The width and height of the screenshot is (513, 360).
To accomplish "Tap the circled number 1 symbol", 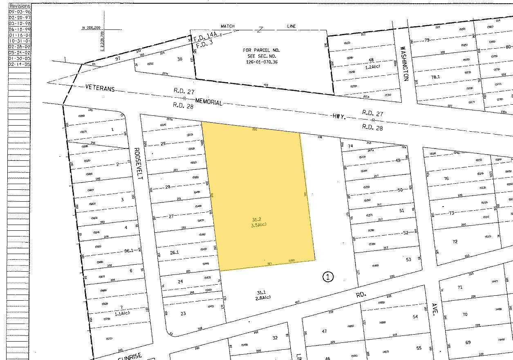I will [x=328, y=277].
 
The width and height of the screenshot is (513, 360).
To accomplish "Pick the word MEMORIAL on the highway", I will [x=208, y=102].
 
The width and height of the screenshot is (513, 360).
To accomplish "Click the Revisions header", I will [x=19, y=6].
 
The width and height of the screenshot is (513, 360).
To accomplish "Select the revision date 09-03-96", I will [x=19, y=12].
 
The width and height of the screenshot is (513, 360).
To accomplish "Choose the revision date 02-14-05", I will [x=19, y=64].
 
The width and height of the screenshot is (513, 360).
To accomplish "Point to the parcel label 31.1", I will [x=261, y=292].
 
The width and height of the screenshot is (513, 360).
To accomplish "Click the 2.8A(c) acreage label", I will [x=262, y=297].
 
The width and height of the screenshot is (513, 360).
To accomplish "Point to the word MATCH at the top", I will [x=228, y=26].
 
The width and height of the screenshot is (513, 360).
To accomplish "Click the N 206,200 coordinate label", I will [x=91, y=28].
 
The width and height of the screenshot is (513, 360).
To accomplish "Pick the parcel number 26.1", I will [x=175, y=252].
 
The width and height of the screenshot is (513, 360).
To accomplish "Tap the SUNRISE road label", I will [x=129, y=356].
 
